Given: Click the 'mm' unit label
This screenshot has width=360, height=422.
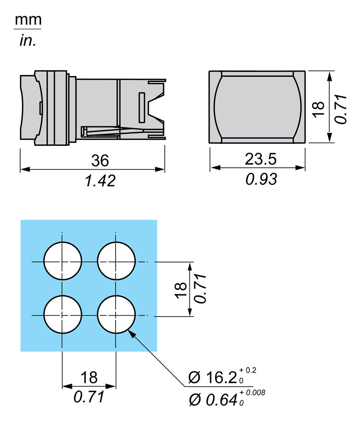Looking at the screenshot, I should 28,20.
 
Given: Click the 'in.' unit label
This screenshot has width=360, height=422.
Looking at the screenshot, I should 28,41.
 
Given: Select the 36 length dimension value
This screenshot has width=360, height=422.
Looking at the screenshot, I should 100,160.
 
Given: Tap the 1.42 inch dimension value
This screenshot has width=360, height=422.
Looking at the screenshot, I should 100,180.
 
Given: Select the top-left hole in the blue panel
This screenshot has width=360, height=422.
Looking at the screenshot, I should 63,261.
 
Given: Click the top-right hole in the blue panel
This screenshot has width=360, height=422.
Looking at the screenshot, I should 116,261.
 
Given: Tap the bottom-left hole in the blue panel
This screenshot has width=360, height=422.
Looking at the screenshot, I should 63,315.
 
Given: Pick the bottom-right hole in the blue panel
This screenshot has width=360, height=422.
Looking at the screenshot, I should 116,315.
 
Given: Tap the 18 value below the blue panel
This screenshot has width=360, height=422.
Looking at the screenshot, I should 89,377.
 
